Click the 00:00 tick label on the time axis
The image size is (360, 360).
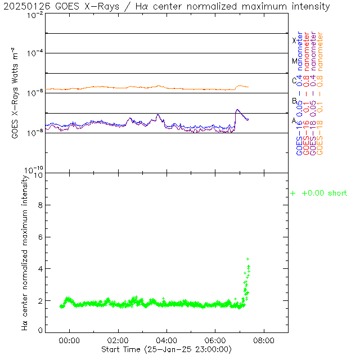point(70,340)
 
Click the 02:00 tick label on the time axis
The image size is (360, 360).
point(118,340)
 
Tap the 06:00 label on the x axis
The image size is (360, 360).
point(215,340)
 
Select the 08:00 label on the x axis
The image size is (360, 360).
point(263,340)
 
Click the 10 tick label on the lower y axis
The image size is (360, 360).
point(37,175)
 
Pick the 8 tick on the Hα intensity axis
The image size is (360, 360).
point(39,206)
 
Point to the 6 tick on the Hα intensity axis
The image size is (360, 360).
point(39,237)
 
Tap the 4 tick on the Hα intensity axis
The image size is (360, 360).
point(39,269)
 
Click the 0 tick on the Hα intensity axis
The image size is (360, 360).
point(39,330)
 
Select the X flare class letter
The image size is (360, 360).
point(294,40)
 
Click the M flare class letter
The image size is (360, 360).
point(294,61)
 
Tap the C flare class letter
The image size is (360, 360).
point(294,80)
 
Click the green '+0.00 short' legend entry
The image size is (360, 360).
point(319,193)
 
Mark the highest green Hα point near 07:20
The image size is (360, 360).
point(247,259)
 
